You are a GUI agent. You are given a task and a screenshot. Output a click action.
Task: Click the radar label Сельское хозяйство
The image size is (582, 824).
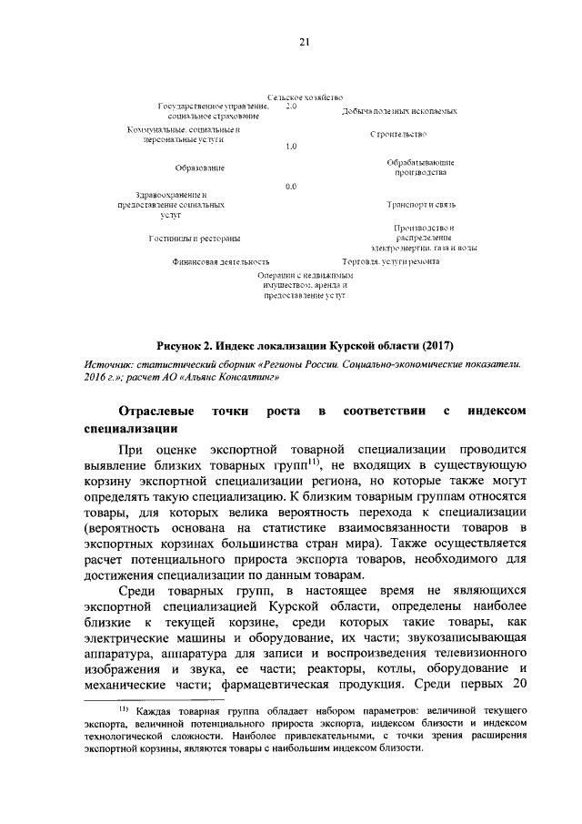(x=305, y=97)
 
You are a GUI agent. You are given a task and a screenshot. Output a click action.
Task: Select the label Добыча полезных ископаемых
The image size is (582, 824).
(x=399, y=110)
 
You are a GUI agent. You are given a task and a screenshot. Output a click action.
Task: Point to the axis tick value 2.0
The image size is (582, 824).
(x=291, y=107)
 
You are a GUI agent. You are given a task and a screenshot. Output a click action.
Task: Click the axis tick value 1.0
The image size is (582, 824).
(x=291, y=147)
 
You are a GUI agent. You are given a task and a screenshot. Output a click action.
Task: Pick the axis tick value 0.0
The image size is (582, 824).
(x=291, y=187)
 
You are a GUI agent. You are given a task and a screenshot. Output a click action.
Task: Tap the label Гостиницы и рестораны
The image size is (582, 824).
(x=195, y=239)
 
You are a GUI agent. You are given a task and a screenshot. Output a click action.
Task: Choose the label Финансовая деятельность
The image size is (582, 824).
(x=222, y=261)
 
